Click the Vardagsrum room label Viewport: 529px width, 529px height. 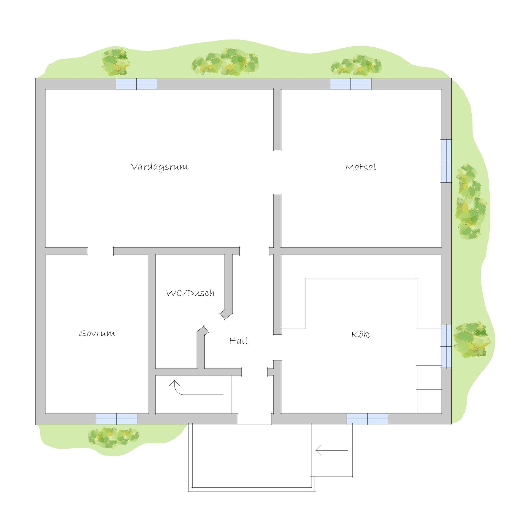coord(160,167)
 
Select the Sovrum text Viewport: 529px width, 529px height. coord(97,333)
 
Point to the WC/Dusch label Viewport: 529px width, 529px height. coord(190,293)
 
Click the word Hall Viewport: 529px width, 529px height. coord(239,341)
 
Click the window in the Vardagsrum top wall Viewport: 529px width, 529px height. coord(136,84)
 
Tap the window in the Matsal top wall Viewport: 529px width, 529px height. coord(351,84)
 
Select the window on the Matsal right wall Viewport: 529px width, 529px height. coord(446,161)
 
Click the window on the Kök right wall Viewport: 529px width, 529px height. coord(446,346)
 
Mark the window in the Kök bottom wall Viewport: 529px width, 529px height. coord(367,419)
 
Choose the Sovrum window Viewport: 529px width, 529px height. coord(117,419)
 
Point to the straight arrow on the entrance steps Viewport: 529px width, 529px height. coord(332,450)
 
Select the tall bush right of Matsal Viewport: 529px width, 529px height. coord(471,202)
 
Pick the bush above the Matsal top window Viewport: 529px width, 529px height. coord(356,65)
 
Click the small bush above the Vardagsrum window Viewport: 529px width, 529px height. coord(116,62)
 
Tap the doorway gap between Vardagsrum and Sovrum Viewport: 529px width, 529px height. coord(100,251)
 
